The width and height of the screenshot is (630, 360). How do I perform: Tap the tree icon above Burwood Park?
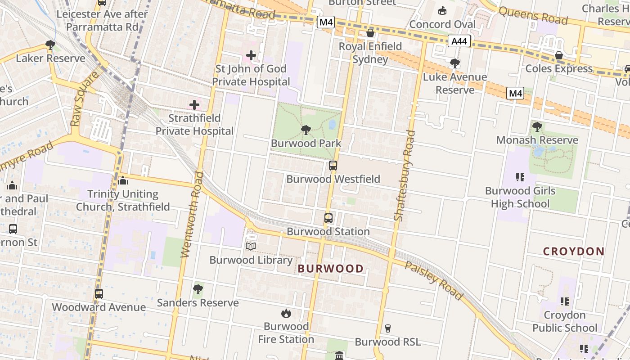point(306,130)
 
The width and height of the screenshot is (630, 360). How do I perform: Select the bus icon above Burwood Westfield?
point(333,166)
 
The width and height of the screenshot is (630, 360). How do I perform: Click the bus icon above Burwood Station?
point(328,218)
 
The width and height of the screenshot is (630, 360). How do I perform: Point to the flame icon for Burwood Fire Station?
point(286,313)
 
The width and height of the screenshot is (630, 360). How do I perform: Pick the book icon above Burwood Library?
point(251,247)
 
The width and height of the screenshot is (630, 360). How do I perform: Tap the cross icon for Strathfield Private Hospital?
point(194,105)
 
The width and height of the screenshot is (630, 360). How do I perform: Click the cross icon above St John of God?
point(251,56)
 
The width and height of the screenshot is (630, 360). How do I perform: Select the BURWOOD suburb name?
point(331,269)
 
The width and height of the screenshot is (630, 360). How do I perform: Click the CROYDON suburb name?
point(574,252)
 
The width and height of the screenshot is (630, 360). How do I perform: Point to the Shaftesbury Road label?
point(404,175)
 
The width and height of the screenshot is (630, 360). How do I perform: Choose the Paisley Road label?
point(434,280)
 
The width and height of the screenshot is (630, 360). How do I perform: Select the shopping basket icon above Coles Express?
point(559,55)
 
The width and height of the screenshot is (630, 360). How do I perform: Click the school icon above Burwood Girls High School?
point(521,177)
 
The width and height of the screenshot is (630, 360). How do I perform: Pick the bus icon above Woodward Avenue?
point(99,294)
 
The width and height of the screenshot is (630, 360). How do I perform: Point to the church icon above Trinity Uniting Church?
point(123,181)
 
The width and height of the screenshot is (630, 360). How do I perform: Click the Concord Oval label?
point(442,24)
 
